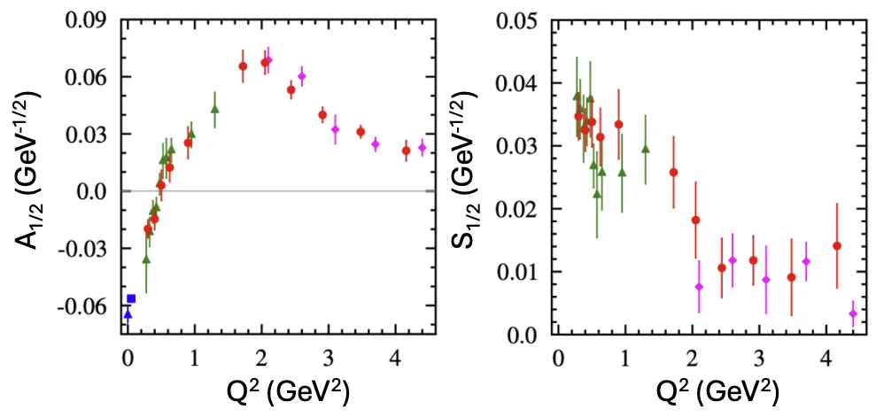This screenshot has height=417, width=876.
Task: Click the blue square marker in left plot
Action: [131, 298]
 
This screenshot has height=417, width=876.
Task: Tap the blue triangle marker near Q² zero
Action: [128, 314]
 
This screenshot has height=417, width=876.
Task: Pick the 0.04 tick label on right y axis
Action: [521, 84]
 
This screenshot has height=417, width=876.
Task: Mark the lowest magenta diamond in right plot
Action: [853, 313]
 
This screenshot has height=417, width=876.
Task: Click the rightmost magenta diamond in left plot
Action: [422, 148]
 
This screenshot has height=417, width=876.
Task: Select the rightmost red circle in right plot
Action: [837, 246]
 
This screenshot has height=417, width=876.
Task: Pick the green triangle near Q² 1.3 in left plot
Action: [214, 109]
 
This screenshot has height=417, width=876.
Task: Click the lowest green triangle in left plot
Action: [146, 259]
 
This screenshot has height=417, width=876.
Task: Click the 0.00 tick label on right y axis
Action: [521, 334]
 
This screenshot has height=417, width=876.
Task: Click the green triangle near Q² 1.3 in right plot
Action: [645, 149]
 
